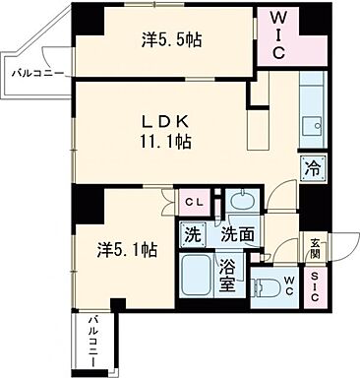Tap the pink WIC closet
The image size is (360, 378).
pyautogui.click(x=279, y=35)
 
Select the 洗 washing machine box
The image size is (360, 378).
pyautogui.click(x=194, y=236)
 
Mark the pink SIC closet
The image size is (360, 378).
pyautogui.click(x=314, y=287)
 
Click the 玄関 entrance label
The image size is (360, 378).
pyautogui.click(x=314, y=248)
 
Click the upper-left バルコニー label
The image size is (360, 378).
pyautogui.click(x=34, y=72)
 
